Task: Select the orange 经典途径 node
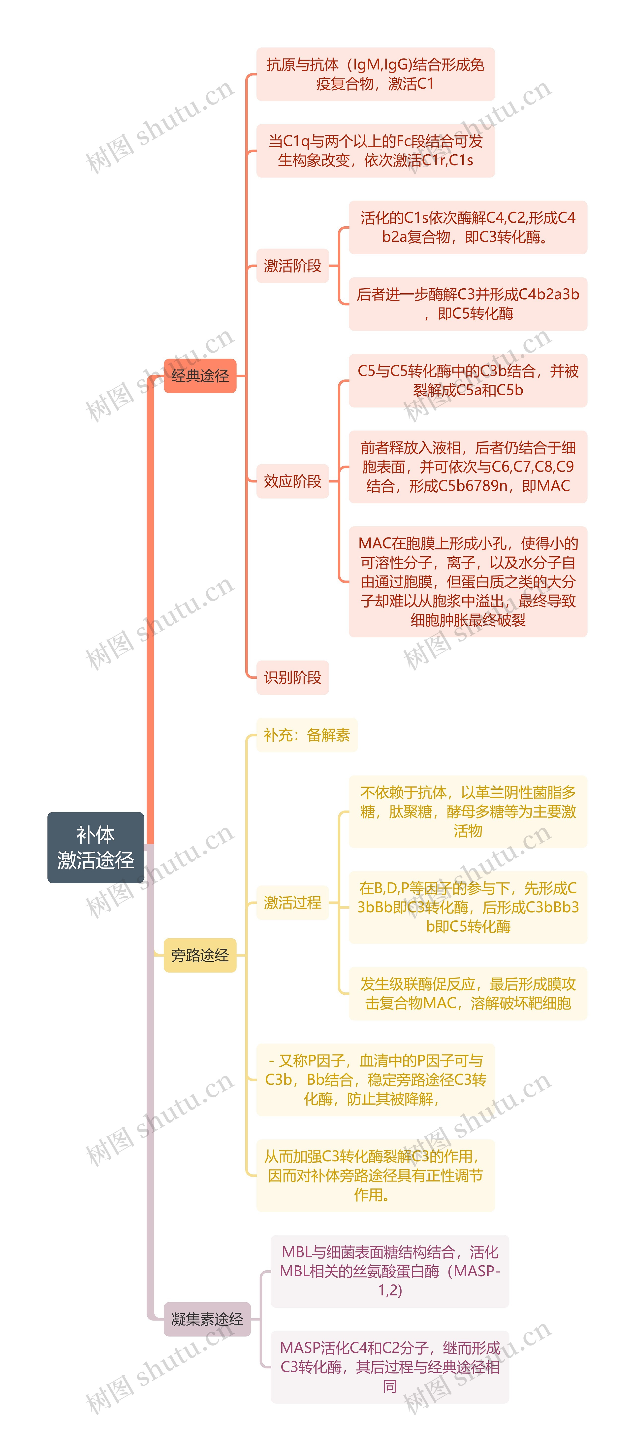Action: [x=200, y=376]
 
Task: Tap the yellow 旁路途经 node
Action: [x=200, y=955]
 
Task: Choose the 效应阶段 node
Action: [x=292, y=481]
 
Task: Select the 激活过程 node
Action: [x=292, y=902]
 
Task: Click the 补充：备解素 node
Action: [x=307, y=735]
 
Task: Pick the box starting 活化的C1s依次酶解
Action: [x=468, y=227]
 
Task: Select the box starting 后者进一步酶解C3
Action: [x=468, y=304]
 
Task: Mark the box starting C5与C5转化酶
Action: [x=468, y=380]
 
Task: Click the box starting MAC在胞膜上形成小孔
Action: [x=468, y=581]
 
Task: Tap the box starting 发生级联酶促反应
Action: [x=468, y=994]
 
